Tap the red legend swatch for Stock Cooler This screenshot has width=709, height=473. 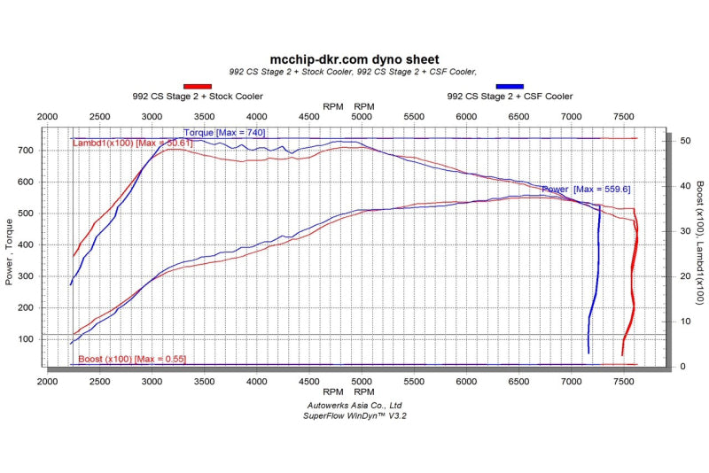pyautogui.click(x=197, y=86)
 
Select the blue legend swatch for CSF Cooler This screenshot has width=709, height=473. pyautogui.click(x=510, y=86)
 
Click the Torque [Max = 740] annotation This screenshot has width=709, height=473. pyautogui.click(x=224, y=133)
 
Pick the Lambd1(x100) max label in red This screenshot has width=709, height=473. pyautogui.click(x=132, y=143)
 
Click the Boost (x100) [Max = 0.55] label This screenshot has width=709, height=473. pyautogui.click(x=132, y=359)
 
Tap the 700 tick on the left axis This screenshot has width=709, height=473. pyautogui.click(x=25, y=151)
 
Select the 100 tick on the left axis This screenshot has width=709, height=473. pyautogui.click(x=25, y=339)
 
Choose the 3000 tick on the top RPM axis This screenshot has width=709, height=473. pyautogui.click(x=152, y=117)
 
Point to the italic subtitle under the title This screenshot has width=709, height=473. pyautogui.click(x=353, y=72)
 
